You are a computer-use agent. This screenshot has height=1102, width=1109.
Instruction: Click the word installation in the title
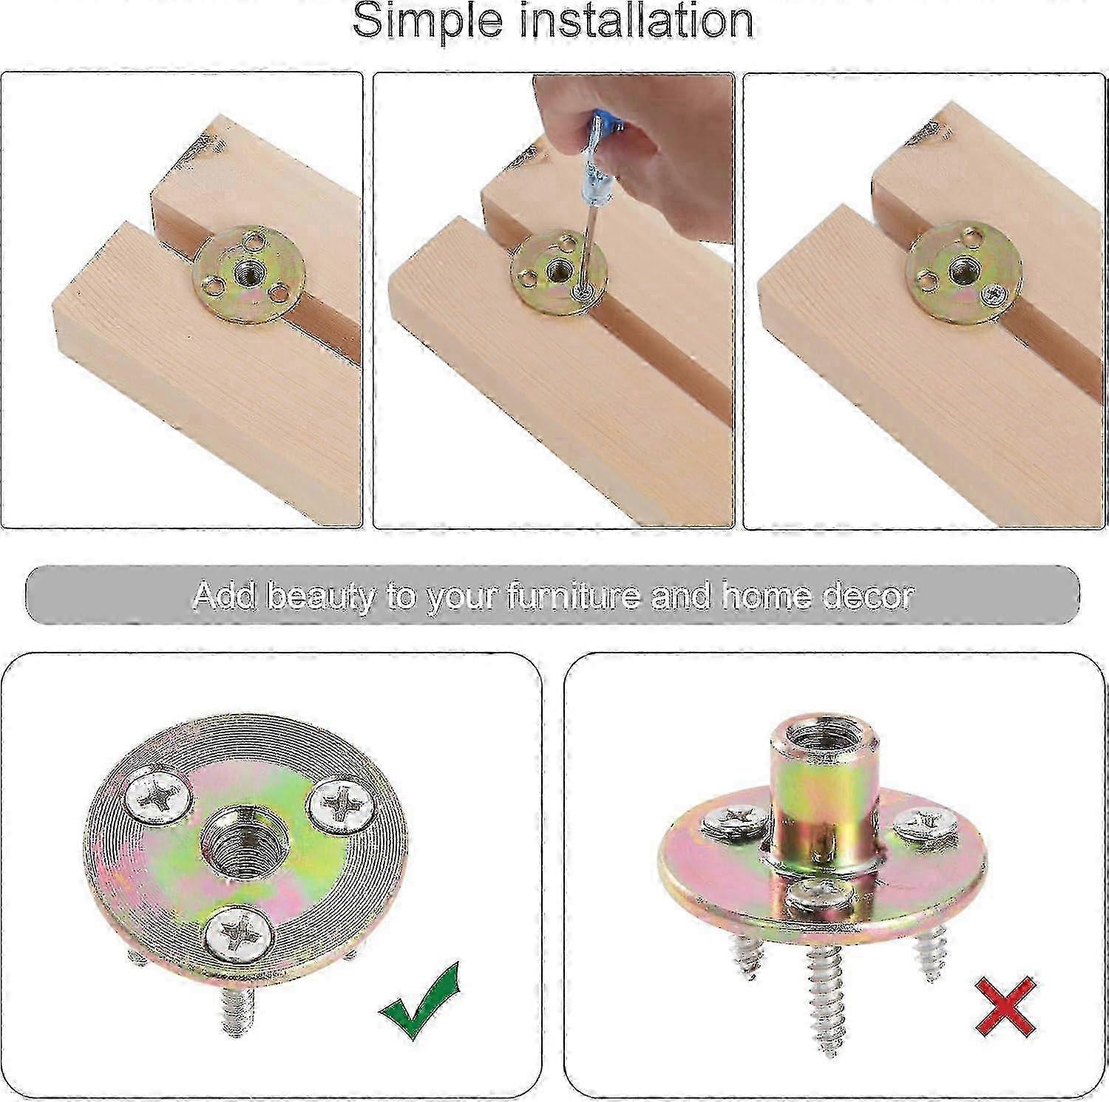(x=638, y=20)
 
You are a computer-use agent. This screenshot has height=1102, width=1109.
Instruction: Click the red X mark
(x=1005, y=1005)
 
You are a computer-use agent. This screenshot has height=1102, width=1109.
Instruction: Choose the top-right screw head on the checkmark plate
(x=339, y=804)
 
